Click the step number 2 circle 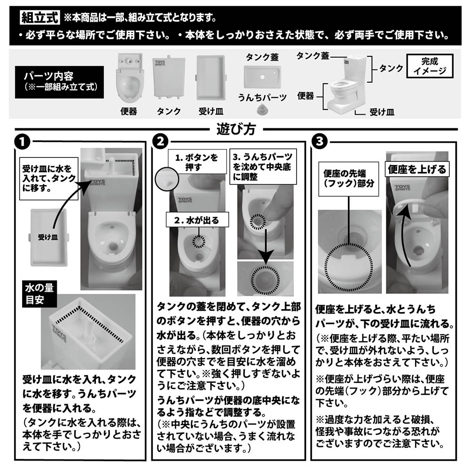(161, 141)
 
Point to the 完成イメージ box (429, 66)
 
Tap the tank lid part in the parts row (262, 75)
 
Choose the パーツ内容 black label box (59, 81)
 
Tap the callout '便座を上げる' (416, 168)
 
